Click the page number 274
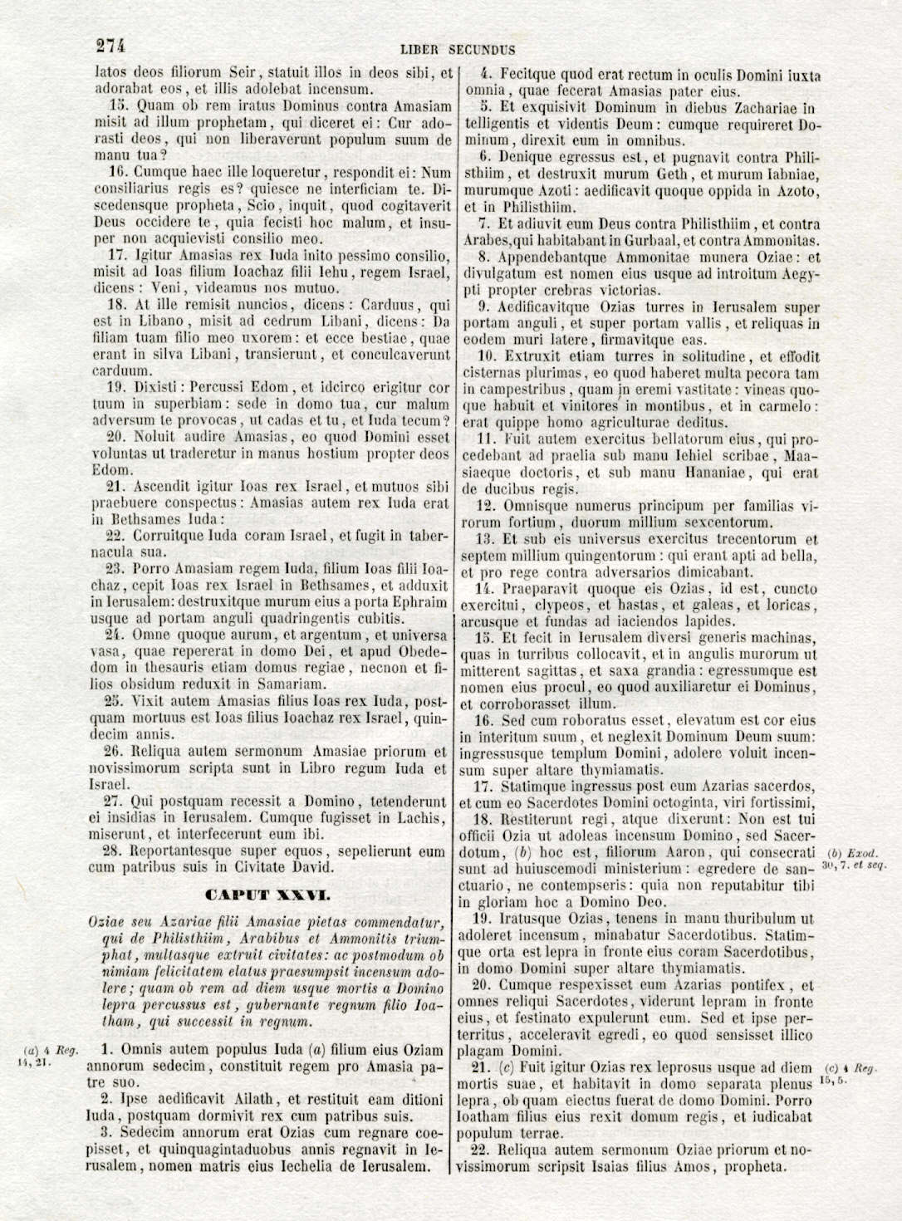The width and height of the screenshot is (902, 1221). point(111,47)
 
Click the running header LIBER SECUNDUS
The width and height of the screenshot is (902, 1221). point(458,50)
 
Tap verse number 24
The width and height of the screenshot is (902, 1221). point(116,635)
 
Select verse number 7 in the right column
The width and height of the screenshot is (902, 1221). point(484,224)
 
